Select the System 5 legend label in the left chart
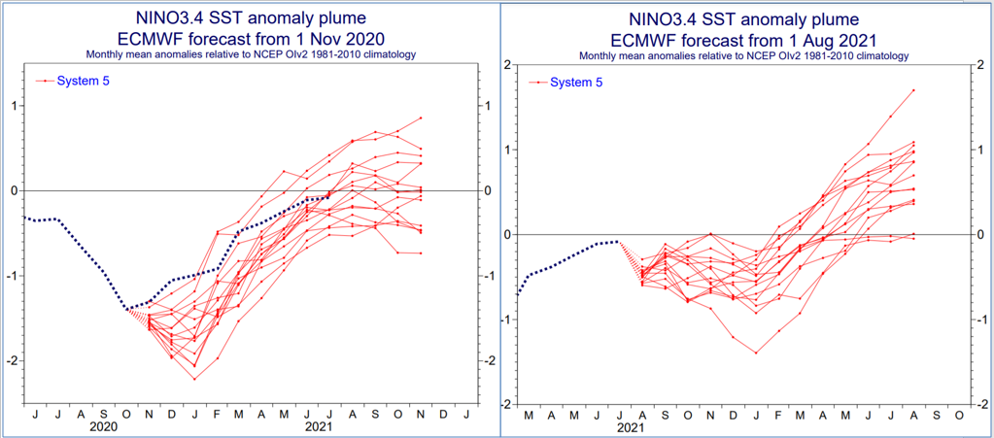[83, 81]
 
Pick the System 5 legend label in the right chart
[576, 83]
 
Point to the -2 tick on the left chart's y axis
[11, 360]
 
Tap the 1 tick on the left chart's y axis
[14, 106]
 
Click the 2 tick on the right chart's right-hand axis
[979, 65]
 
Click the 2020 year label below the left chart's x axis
[104, 425]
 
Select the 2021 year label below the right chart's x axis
[632, 425]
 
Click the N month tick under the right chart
[711, 414]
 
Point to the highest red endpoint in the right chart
[913, 90]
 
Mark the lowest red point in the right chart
[755, 353]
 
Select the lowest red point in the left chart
[194, 379]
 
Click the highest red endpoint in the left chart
[421, 118]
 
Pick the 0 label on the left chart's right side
[489, 191]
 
